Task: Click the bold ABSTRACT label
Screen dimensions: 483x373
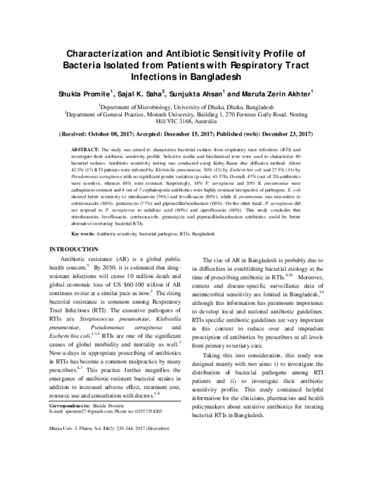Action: click(x=85, y=151)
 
